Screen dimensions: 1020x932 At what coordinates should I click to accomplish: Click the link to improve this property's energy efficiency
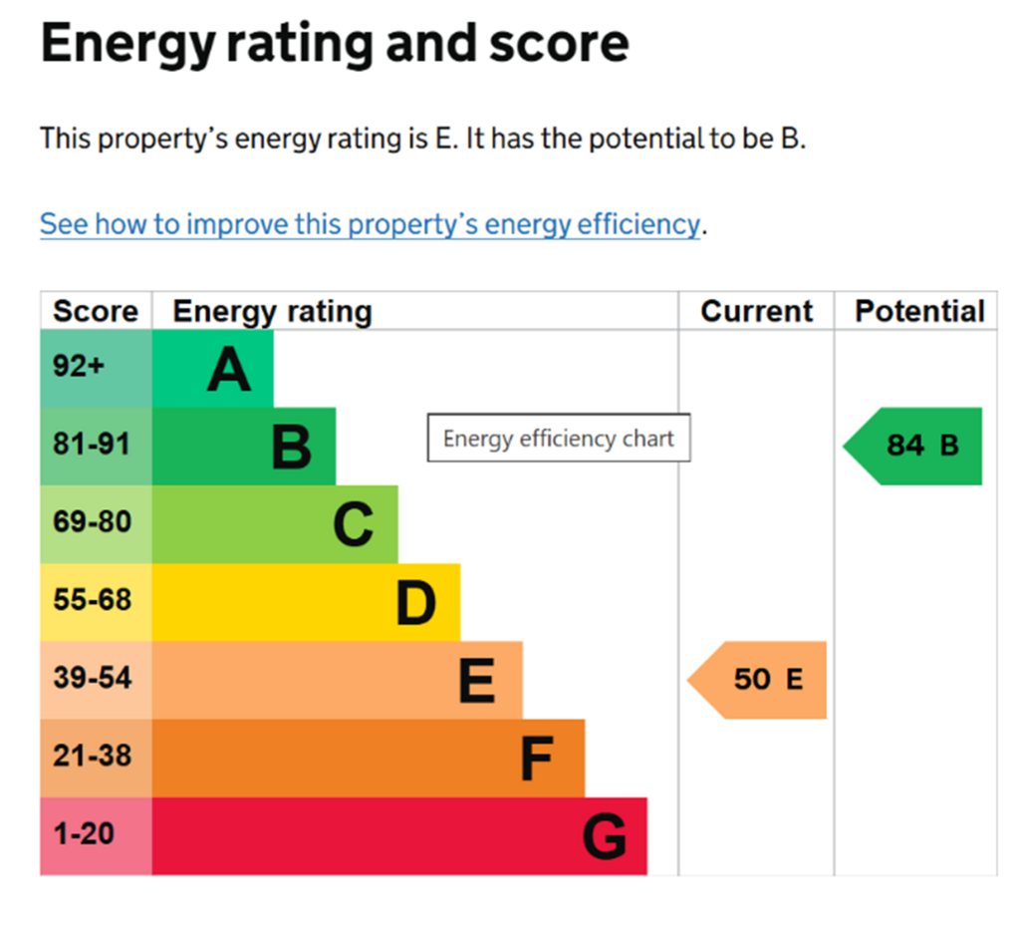click(x=371, y=224)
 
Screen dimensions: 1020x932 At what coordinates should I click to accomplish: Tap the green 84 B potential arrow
click(x=912, y=447)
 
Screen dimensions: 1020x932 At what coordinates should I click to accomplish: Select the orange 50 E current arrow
click(x=757, y=680)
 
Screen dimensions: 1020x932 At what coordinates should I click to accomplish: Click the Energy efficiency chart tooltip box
click(x=559, y=438)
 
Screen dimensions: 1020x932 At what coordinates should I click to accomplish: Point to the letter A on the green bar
click(x=229, y=369)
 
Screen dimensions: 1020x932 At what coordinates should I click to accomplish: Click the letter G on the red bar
click(x=605, y=837)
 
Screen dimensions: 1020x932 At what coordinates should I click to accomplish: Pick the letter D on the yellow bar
click(x=415, y=603)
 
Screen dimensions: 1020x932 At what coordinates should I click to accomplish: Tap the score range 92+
click(x=79, y=366)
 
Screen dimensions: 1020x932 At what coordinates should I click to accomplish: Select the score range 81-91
click(x=92, y=444)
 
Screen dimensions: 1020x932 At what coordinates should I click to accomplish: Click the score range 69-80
click(x=93, y=522)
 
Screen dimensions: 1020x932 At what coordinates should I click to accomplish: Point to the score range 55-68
click(x=93, y=599)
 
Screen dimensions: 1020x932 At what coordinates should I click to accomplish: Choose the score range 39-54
click(x=93, y=678)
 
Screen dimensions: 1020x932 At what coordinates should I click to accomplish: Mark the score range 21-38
click(x=93, y=756)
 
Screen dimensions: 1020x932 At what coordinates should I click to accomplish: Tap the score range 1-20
click(x=84, y=833)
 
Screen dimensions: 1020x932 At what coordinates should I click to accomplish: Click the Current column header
click(x=757, y=311)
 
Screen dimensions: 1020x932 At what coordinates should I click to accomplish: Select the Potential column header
click(x=919, y=311)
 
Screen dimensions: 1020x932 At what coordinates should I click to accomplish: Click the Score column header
click(x=96, y=311)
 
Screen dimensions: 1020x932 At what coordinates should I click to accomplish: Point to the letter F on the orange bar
click(x=537, y=759)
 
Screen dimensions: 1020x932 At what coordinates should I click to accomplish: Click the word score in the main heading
click(x=559, y=43)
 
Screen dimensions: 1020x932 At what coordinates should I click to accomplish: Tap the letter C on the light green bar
click(x=354, y=524)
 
